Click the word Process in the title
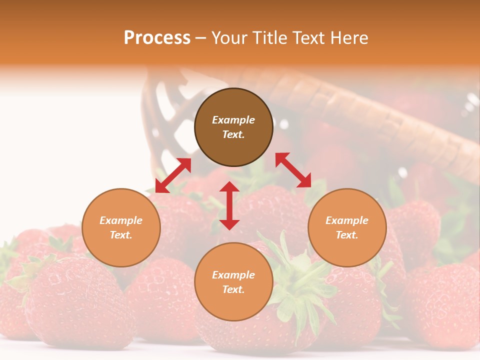click(x=157, y=38)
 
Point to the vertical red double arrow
click(x=229, y=205)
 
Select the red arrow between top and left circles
click(x=173, y=175)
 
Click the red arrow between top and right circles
click(x=293, y=170)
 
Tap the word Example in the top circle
click(x=233, y=120)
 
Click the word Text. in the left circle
click(x=121, y=235)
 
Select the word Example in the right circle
click(x=347, y=220)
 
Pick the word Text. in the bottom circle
click(x=233, y=289)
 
